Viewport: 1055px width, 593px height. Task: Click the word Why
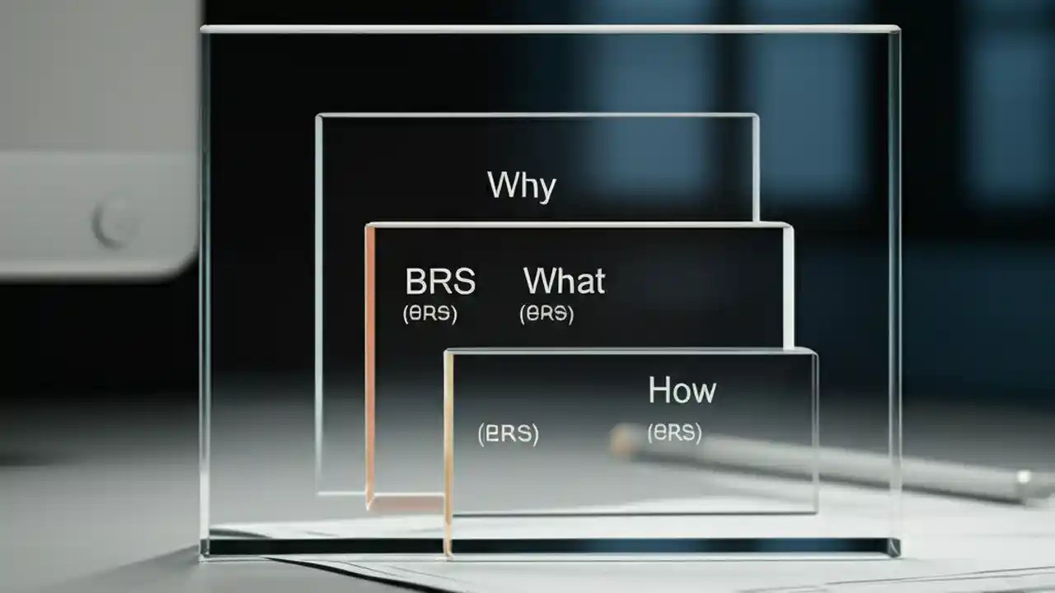coord(522,186)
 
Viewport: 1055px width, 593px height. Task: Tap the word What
coord(565,282)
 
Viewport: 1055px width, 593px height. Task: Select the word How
coord(682,390)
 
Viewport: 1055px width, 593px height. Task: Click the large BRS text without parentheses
coord(440,282)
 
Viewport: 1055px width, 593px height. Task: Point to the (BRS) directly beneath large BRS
coord(429,314)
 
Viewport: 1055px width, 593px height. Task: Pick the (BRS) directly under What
coord(546,314)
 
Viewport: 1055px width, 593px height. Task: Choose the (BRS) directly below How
coord(674,432)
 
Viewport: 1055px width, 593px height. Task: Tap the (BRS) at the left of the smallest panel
coord(508,433)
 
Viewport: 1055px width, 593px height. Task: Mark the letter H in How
coord(658,390)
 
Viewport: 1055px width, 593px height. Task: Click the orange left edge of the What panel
coord(370,362)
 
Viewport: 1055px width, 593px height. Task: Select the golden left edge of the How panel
coord(448,453)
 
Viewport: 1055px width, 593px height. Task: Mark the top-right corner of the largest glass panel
coord(897,30)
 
